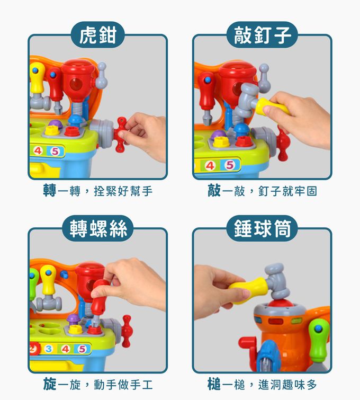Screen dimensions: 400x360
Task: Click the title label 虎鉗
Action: coord(97,35)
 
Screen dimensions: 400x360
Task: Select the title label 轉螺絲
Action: coord(97,228)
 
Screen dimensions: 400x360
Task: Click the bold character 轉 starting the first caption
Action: coord(50,191)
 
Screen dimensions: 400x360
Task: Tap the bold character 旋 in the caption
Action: coord(50,383)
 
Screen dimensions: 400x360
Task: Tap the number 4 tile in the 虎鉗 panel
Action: coord(38,152)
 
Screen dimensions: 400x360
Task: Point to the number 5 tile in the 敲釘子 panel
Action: coord(229,165)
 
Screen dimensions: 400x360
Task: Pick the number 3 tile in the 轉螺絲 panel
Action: coord(49,349)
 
